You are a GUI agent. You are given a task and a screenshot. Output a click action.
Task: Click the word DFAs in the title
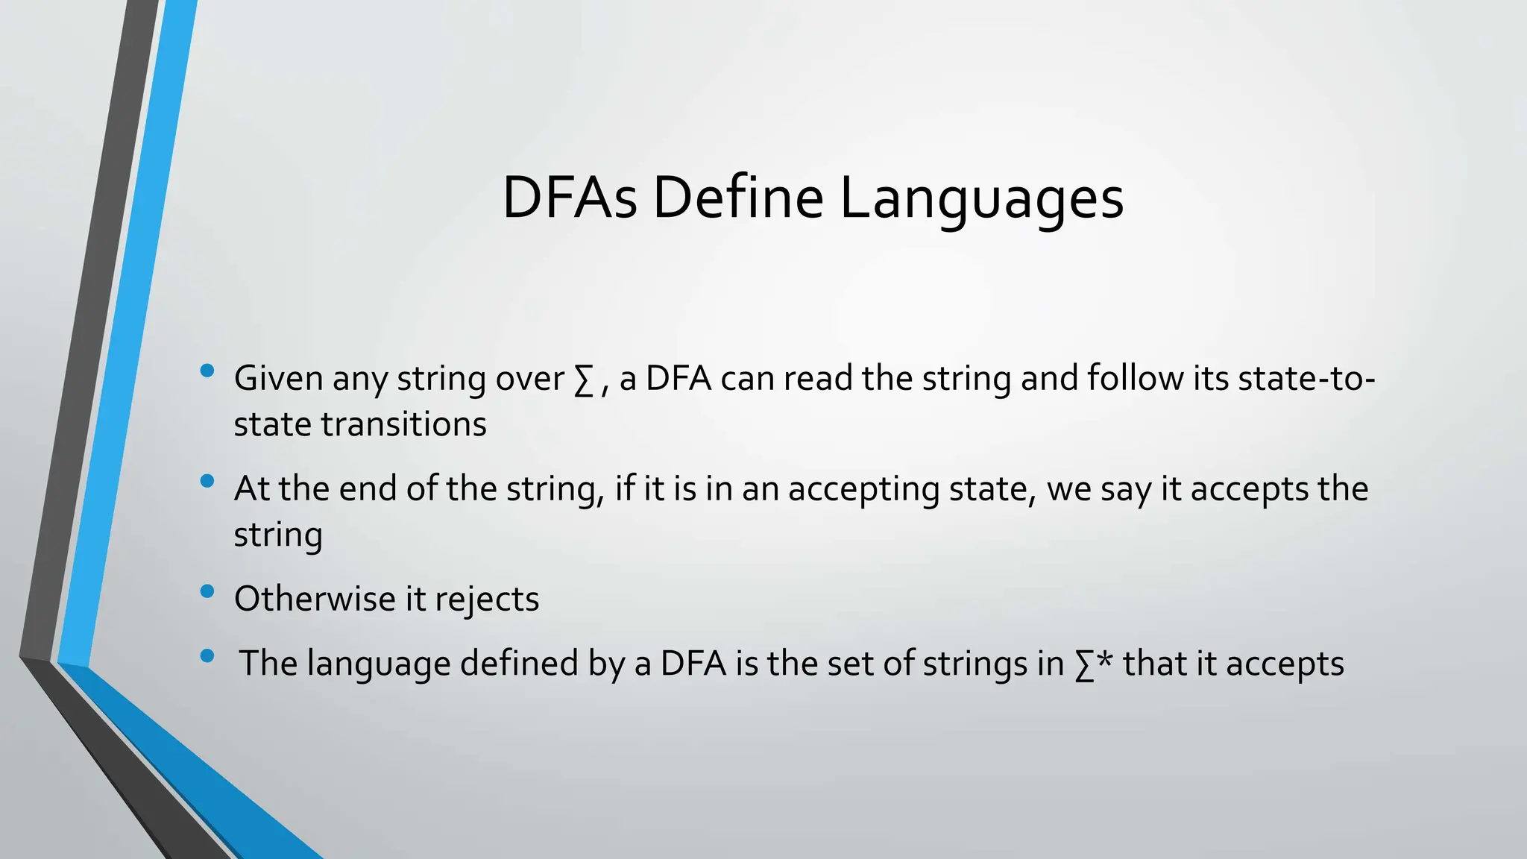(570, 198)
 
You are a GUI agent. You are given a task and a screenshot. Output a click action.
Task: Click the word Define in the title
(738, 198)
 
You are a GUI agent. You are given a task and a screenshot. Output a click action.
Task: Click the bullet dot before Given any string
(207, 371)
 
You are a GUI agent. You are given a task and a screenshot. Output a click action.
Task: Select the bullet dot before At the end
(207, 481)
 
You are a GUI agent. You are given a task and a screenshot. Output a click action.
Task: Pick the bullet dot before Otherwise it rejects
(207, 591)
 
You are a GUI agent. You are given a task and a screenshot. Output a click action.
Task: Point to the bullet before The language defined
(207, 656)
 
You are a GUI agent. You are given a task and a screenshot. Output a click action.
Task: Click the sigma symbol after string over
(584, 380)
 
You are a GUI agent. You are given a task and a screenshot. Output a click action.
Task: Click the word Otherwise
(314, 599)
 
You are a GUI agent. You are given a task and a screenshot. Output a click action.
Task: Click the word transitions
(403, 425)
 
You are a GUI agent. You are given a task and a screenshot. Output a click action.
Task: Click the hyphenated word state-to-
(1306, 378)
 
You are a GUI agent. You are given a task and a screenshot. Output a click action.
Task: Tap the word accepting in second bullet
(863, 491)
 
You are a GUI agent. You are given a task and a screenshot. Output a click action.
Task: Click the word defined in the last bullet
(519, 663)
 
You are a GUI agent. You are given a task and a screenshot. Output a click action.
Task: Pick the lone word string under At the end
(277, 536)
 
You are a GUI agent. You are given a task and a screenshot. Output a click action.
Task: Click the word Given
(278, 378)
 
